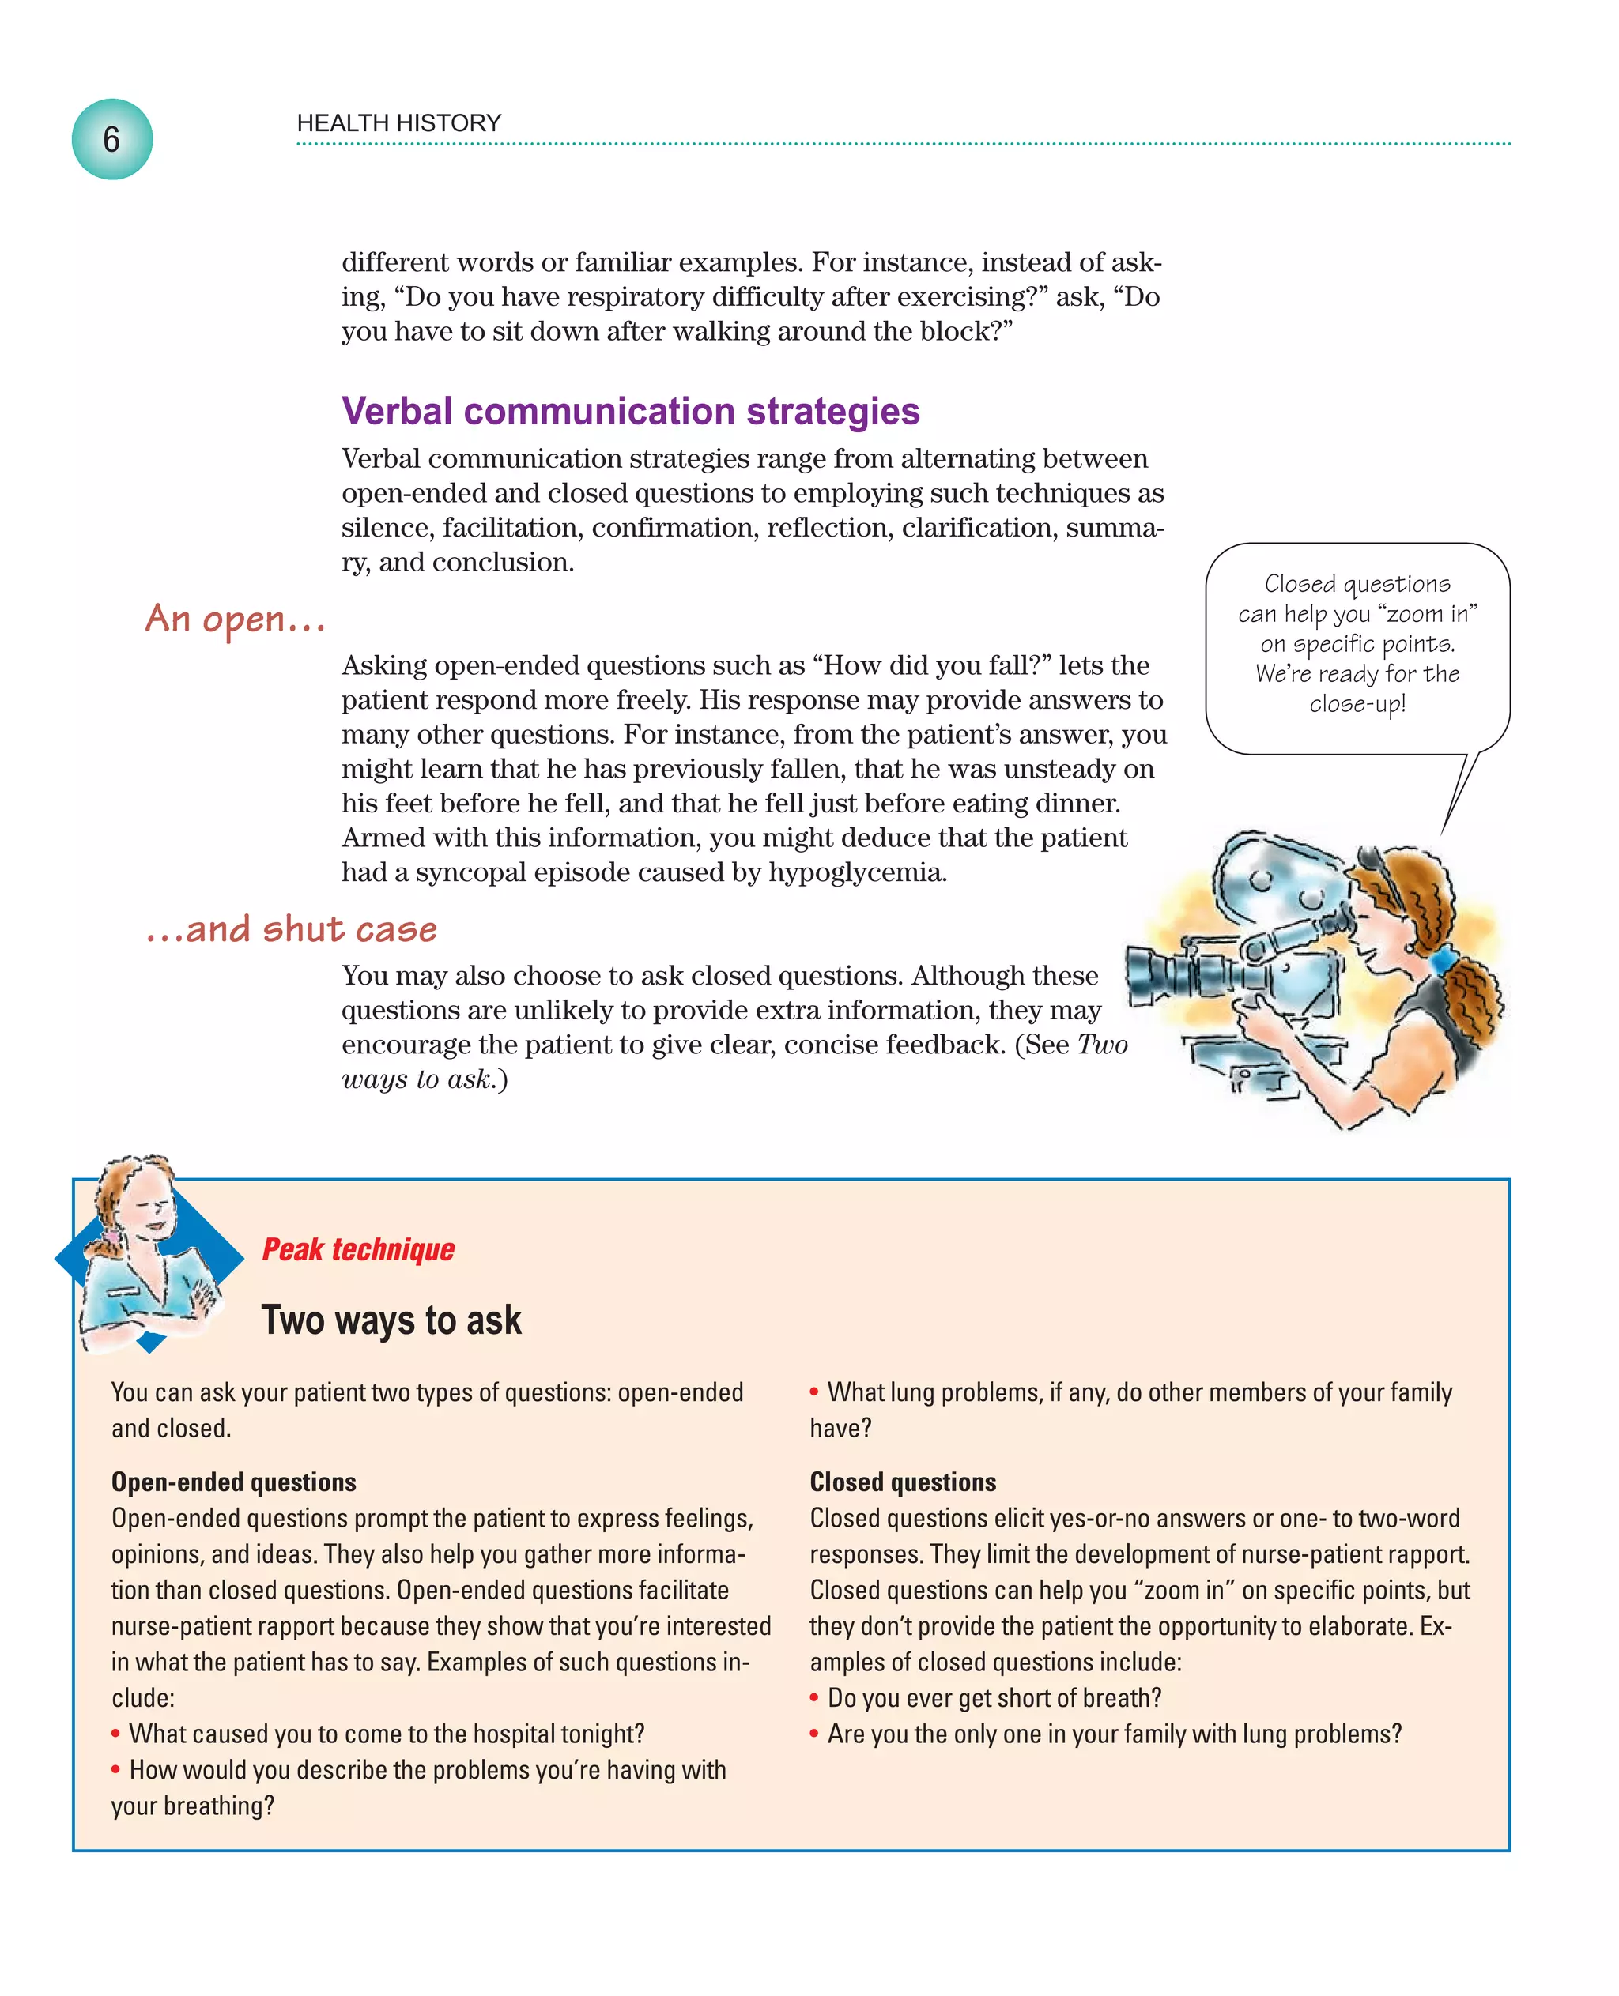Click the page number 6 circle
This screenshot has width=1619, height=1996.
tap(112, 140)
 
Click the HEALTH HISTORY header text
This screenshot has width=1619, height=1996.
tap(398, 123)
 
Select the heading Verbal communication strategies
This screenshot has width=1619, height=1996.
tap(630, 411)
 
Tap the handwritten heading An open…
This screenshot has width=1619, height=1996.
tap(235, 619)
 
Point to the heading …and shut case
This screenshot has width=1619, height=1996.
tap(291, 929)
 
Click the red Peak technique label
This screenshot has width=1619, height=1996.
tap(358, 1249)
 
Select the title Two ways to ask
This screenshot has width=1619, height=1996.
tap(391, 1320)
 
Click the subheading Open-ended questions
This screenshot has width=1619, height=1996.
tap(233, 1482)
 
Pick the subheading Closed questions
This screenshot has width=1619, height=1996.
tap(902, 1482)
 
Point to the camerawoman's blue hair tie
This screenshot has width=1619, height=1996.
tap(1443, 958)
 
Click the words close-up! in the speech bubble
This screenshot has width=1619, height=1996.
tap(1356, 704)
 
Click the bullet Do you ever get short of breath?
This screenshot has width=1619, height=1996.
tap(994, 1697)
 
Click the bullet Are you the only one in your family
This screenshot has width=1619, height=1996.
tap(1114, 1734)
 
